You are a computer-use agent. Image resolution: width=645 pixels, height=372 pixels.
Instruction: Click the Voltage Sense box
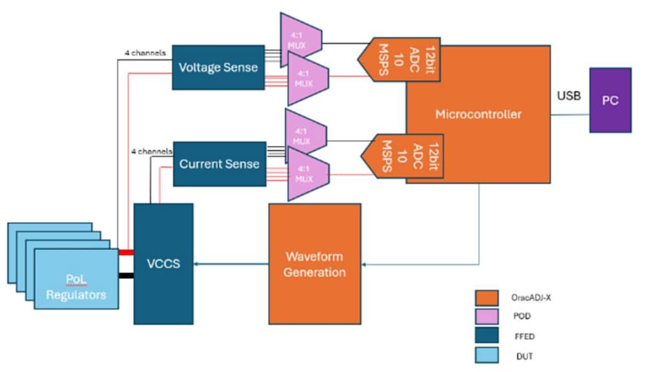point(218,67)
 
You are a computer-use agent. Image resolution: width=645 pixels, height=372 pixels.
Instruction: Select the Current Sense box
point(219,163)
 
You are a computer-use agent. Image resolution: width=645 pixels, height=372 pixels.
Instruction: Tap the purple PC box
point(609,101)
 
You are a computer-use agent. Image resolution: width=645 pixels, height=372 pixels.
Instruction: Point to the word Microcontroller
point(478,114)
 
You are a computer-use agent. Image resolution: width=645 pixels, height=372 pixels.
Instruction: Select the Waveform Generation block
point(314,263)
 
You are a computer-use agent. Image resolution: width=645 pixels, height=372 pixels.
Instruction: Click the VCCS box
point(163,263)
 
